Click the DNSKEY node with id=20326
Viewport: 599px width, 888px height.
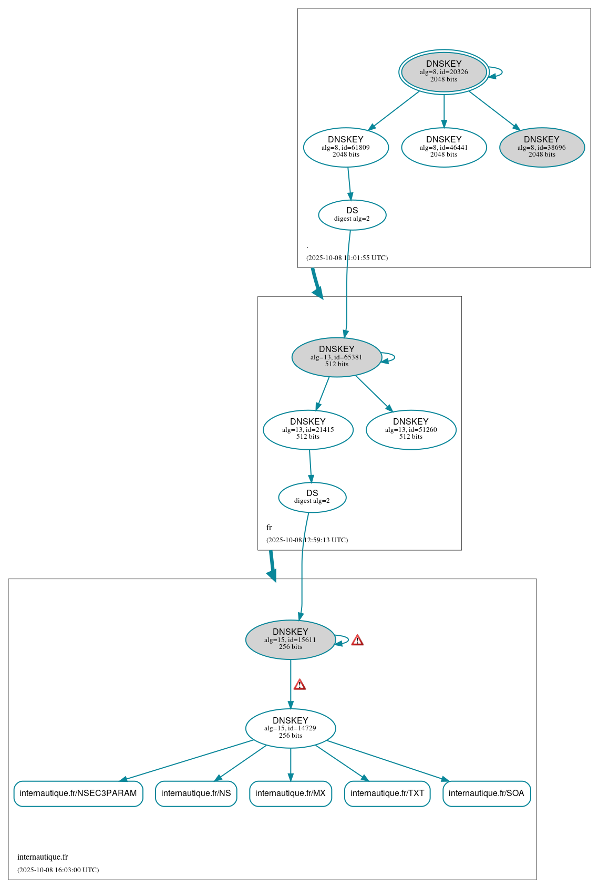(443, 72)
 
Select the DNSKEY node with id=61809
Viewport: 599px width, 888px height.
(346, 147)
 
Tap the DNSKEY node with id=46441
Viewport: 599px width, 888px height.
(443, 147)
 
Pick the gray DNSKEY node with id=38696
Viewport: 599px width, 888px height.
(542, 147)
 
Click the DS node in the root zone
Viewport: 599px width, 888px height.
(352, 214)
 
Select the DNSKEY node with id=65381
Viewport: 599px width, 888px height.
(336, 357)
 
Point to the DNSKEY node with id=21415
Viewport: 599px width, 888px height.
(308, 429)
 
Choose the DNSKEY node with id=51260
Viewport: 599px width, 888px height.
(411, 429)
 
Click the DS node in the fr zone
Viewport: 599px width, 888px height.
(312, 497)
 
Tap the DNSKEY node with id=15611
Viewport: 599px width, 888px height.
(290, 639)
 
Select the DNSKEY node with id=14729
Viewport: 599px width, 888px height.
(290, 728)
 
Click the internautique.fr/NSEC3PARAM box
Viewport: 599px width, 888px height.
(78, 793)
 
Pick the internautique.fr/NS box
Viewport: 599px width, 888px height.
(196, 793)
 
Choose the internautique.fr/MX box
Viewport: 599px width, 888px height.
(290, 793)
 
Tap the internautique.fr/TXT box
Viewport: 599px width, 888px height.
(387, 793)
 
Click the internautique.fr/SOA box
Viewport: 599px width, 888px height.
(487, 793)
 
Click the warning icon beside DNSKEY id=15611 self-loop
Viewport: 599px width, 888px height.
(357, 640)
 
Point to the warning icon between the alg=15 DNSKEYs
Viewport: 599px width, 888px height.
(299, 684)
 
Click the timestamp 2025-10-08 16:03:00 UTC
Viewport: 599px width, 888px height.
(58, 870)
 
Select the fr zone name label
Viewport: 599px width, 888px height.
(269, 528)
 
